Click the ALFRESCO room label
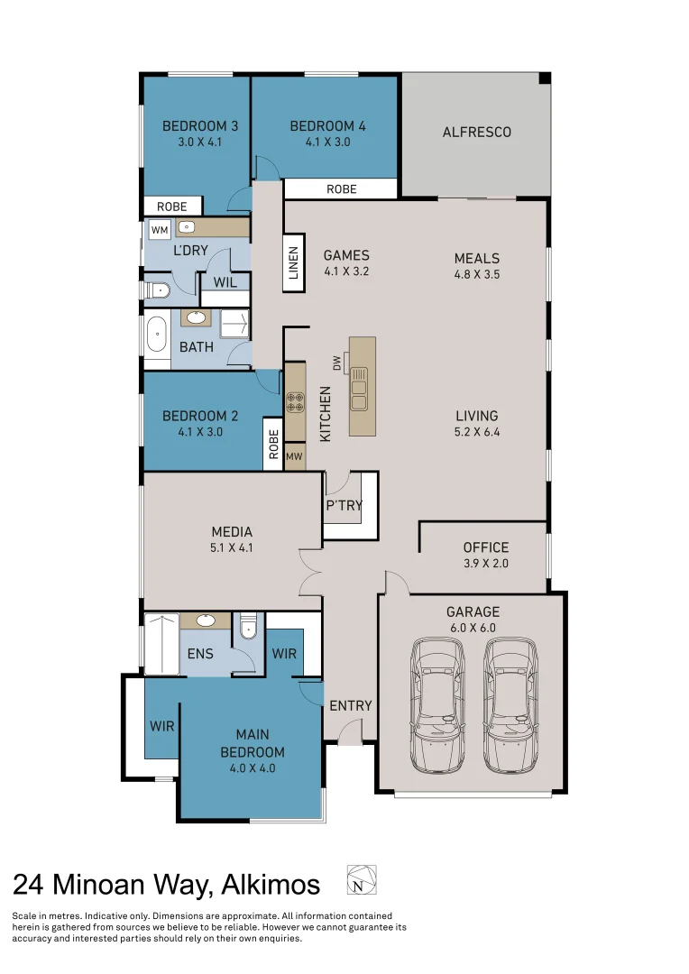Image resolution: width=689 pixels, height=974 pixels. point(476,133)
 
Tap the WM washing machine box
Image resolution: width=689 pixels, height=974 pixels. point(160,230)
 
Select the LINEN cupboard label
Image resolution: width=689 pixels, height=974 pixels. point(294,262)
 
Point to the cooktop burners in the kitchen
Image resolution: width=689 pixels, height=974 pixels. point(295,402)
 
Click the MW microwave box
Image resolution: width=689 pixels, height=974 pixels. point(295,456)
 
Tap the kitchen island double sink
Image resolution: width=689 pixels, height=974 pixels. point(359,390)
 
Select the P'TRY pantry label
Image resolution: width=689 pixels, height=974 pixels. point(344,506)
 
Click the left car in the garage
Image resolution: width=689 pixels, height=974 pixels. point(437,705)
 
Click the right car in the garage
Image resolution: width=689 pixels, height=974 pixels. point(511,705)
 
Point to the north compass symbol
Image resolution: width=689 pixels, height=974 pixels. point(361,879)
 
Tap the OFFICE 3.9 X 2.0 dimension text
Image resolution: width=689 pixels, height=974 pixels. point(486,564)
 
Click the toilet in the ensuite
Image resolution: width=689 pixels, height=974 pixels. point(248,627)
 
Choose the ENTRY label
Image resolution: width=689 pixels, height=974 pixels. point(351,705)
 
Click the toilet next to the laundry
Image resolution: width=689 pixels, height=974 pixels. point(158,290)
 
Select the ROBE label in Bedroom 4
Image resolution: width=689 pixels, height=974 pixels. point(342,188)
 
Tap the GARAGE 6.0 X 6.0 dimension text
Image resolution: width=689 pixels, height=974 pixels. point(473,628)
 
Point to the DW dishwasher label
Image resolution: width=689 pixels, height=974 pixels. point(337,363)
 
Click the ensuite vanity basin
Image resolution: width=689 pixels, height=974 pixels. point(205,620)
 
